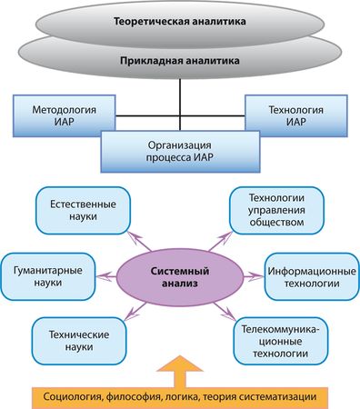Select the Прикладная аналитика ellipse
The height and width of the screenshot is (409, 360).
[x=179, y=61]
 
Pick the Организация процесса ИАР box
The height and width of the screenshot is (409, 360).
[x=179, y=150]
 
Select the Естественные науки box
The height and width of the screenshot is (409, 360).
[x=79, y=212]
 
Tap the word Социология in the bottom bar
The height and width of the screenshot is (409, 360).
[x=72, y=396]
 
